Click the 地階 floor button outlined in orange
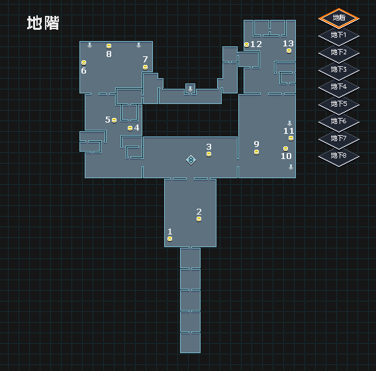(339, 19)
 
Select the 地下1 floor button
(339, 36)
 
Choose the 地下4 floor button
(339, 87)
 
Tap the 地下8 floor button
(339, 156)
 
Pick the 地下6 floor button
(339, 122)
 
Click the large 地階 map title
(43, 23)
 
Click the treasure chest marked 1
(169, 238)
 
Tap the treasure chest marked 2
(199, 219)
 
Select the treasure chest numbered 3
(209, 154)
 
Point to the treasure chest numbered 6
(83, 63)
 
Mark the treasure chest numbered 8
(109, 46)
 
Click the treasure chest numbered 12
(246, 44)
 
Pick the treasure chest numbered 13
(289, 51)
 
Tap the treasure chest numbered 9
(257, 152)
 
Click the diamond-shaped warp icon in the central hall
(191, 160)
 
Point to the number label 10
(286, 156)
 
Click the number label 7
(145, 59)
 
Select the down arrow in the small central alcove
(190, 89)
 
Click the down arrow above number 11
(290, 123)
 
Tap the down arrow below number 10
(291, 167)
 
